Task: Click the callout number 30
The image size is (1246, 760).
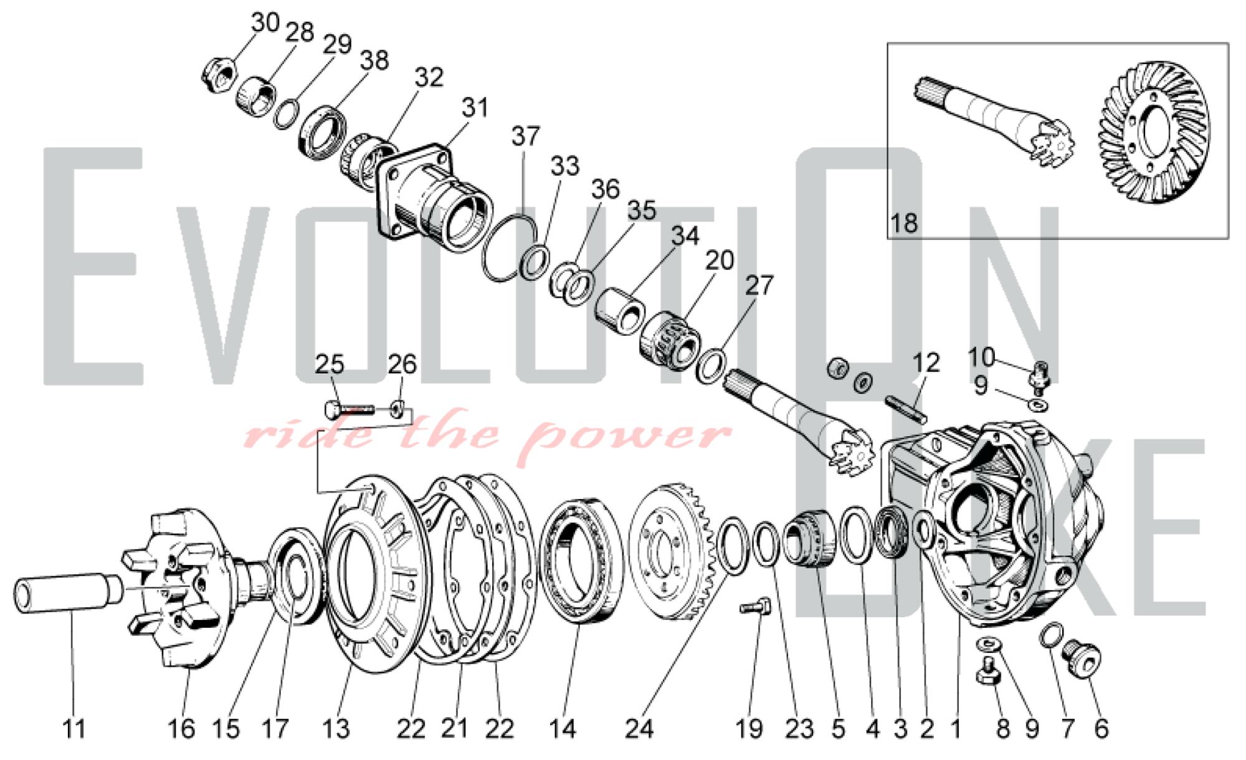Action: (265, 23)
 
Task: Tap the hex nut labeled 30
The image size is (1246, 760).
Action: (219, 70)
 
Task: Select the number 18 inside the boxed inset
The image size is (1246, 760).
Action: (905, 223)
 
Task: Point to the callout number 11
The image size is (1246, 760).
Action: (74, 728)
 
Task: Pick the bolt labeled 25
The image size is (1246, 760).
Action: (350, 410)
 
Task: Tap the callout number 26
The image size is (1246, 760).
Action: (402, 364)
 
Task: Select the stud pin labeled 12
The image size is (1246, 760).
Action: (906, 408)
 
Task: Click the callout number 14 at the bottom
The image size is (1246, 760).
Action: (562, 728)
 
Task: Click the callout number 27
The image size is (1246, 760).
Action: (759, 285)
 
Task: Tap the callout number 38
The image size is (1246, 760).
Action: (374, 60)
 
